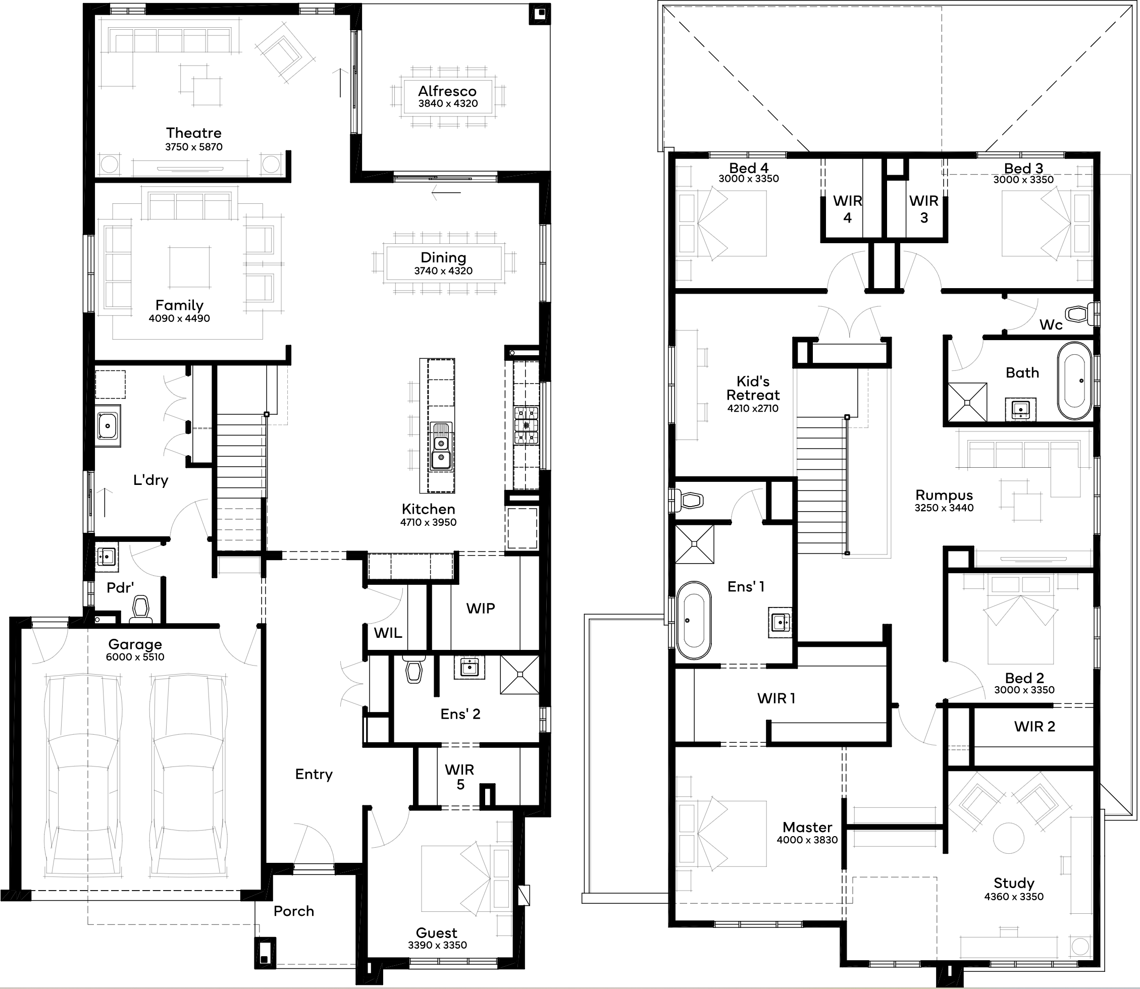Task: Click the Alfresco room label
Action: coord(447,91)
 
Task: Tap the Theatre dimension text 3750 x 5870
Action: coord(194,147)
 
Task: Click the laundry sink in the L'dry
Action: coord(107,425)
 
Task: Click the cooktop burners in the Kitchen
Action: coord(526,425)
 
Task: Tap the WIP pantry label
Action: coord(480,608)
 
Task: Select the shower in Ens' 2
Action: coord(520,675)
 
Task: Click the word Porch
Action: coord(294,911)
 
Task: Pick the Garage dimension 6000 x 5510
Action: coord(135,657)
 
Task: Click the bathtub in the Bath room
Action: coord(1074,381)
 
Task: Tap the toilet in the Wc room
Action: coord(1080,314)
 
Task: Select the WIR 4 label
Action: coord(847,209)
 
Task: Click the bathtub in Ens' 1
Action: coord(694,620)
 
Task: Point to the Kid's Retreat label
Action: coord(753,388)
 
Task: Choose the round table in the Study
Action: coord(1009,838)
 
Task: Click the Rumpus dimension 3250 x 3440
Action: coord(944,508)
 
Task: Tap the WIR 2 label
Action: coord(1034,726)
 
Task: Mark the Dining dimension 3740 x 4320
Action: coord(443,270)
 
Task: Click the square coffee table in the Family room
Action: coord(189,267)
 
